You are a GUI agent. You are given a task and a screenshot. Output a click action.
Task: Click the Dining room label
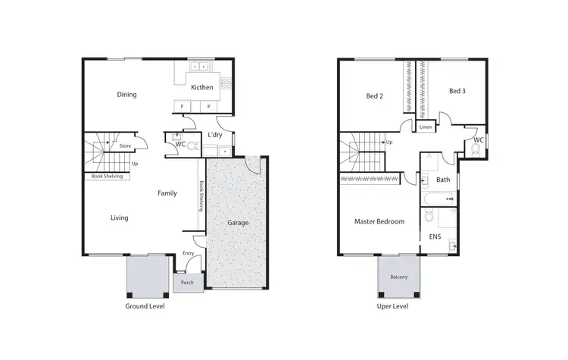pyautogui.click(x=126, y=95)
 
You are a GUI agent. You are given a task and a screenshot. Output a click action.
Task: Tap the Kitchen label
pyautogui.click(x=201, y=87)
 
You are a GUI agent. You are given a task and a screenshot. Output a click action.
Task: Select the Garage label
pyautogui.click(x=239, y=224)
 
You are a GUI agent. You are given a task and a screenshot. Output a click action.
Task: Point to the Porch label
pyautogui.click(x=187, y=283)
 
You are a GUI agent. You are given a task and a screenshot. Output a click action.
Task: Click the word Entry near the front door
pyautogui.click(x=189, y=253)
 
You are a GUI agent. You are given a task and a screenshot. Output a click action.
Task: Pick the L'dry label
pyautogui.click(x=214, y=135)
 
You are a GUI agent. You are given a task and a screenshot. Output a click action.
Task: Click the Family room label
pyautogui.click(x=167, y=193)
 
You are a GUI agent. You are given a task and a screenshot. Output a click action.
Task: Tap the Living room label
pyautogui.click(x=119, y=218)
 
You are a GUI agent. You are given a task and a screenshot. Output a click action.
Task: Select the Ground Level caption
pyautogui.click(x=145, y=307)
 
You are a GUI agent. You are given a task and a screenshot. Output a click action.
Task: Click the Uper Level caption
pyautogui.click(x=392, y=307)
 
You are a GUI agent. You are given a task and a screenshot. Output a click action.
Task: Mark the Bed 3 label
pyautogui.click(x=457, y=92)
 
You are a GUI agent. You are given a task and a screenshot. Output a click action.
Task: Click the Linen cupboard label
pyautogui.click(x=426, y=127)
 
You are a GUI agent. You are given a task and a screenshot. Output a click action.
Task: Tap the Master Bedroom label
pyautogui.click(x=379, y=221)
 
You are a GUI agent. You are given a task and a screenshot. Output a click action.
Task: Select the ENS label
pyautogui.click(x=435, y=237)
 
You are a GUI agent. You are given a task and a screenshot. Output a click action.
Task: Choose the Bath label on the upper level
pyautogui.click(x=442, y=180)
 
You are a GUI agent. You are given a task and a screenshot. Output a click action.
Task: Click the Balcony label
pyautogui.click(x=398, y=277)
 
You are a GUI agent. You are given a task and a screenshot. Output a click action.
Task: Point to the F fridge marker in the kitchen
pyautogui.click(x=183, y=106)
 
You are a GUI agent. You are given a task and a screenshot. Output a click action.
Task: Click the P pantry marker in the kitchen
pyautogui.click(x=208, y=106)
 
